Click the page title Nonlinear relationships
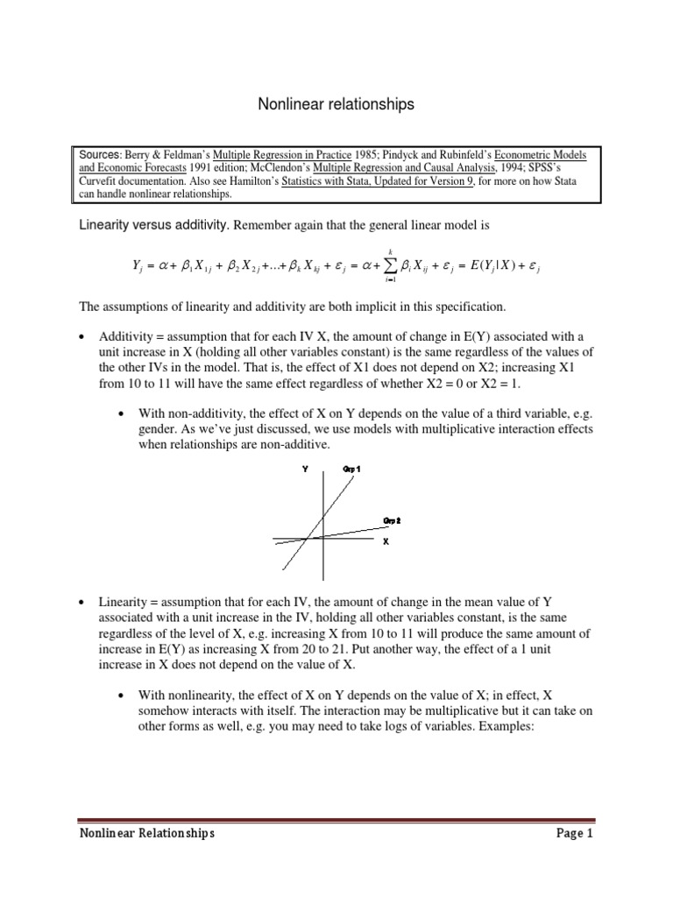[336, 105]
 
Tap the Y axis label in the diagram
[305, 469]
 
